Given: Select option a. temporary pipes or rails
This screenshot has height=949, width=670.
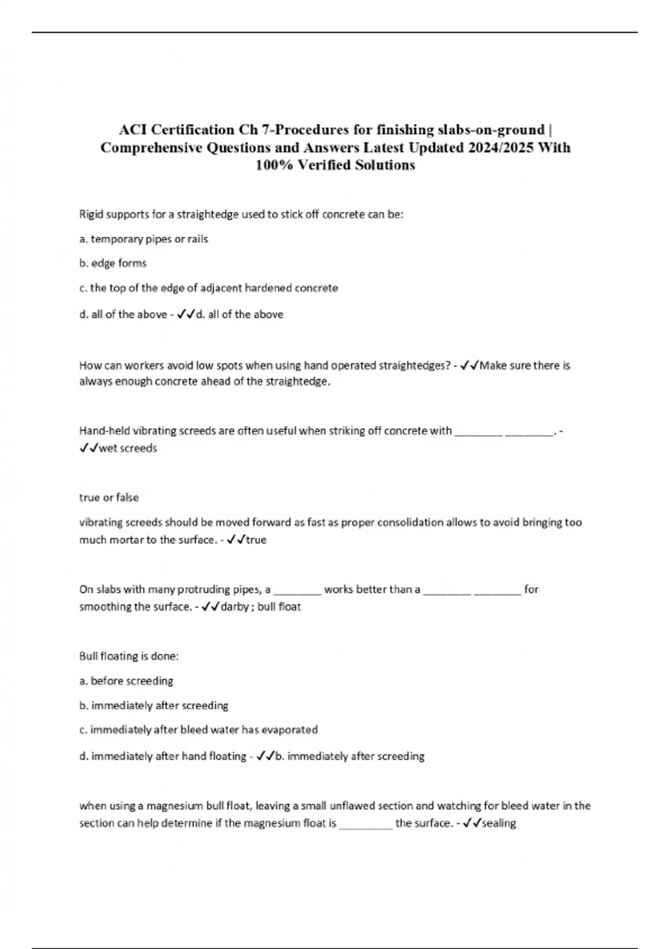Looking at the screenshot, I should tap(143, 239).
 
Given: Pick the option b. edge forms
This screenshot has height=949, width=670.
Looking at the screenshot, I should tap(113, 263).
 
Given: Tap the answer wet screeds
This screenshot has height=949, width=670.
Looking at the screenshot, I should tap(127, 448).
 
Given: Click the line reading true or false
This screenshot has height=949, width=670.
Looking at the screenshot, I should tap(109, 497).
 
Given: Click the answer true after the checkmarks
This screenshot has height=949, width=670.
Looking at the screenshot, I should tap(256, 540).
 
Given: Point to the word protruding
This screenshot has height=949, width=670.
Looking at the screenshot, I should tap(230, 589).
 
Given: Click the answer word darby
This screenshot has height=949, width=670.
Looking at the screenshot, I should tap(234, 607).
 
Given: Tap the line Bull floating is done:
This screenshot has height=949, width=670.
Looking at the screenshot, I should tap(129, 656).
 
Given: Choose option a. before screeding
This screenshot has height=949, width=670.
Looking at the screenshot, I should tap(126, 681).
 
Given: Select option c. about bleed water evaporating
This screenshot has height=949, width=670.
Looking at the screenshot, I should tap(198, 730).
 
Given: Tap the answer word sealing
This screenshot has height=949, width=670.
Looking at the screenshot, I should tap(499, 823).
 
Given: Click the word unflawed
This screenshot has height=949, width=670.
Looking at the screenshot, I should tap(352, 806).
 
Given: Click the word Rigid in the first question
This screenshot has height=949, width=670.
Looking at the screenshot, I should tap(90, 214).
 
